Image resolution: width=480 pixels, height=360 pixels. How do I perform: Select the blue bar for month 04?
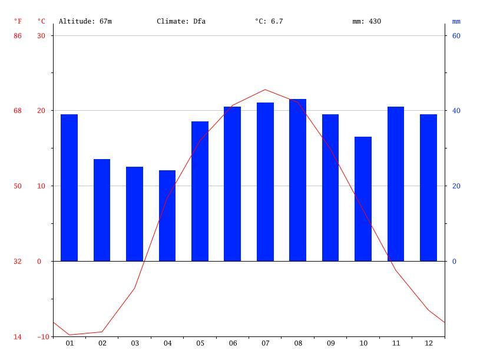pos(167,216)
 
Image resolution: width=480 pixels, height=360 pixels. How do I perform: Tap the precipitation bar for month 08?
pos(297,180)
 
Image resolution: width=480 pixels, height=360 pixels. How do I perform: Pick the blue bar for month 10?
pos(363,199)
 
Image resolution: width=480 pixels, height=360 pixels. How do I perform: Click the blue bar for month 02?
pos(102,210)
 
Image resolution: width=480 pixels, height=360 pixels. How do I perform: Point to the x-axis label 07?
pos(265,344)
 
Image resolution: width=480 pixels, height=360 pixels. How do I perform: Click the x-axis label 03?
pos(135,344)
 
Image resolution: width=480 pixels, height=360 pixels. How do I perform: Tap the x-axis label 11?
pos(396,344)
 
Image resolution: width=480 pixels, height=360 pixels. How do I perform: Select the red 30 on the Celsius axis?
pos(41,36)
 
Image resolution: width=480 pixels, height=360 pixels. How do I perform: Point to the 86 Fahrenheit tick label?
pos(18,36)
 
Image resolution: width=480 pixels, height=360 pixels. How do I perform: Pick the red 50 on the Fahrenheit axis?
pos(18,186)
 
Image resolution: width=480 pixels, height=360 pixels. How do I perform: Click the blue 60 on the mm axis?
pos(456,36)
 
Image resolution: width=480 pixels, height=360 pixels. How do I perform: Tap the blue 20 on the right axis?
pos(456,186)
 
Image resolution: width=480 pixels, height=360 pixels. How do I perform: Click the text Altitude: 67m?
pos(85,21)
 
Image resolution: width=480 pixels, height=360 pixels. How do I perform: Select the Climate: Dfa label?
pos(181,21)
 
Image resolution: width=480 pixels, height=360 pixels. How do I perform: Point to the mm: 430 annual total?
pos(367,21)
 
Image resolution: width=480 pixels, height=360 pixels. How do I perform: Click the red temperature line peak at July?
pos(265,90)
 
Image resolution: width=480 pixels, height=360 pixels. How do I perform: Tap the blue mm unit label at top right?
pos(456,21)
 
